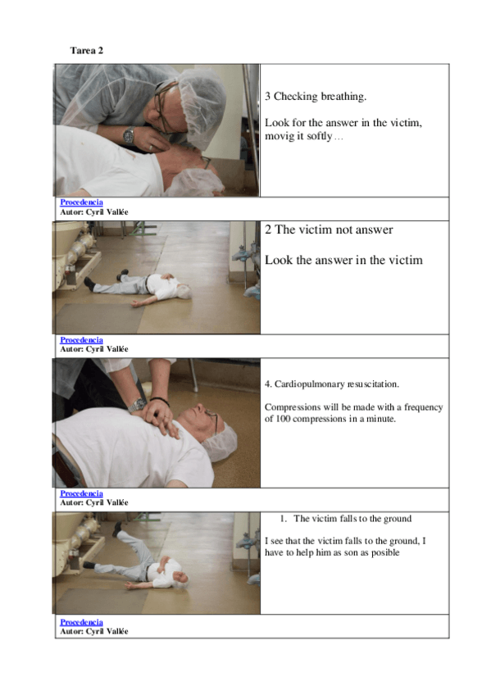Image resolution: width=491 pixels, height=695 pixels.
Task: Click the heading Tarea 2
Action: pos(86,51)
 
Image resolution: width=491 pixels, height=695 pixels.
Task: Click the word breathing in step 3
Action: pos(343,97)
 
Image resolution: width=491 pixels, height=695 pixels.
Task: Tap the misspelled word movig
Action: pos(280,136)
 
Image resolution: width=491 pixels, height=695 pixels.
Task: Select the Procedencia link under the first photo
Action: pos(81,202)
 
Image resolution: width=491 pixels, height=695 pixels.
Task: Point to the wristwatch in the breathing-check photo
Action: pos(129,134)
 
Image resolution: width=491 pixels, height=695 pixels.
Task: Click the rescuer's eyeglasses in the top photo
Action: pos(164,106)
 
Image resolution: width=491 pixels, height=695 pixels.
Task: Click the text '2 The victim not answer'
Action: pos(329,229)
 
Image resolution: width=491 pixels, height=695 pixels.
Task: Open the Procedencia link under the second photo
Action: pos(81,340)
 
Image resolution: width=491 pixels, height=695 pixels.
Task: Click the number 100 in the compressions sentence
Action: pos(283,419)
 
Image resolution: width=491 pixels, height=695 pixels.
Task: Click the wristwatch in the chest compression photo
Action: pos(137,405)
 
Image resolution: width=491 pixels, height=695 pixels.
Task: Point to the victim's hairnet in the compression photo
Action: pos(220,443)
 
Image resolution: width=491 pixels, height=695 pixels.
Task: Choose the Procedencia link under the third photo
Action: pos(81,493)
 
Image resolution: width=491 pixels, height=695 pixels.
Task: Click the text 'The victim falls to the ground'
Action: pos(352,519)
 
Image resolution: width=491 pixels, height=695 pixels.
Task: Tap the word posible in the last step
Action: pos(385,552)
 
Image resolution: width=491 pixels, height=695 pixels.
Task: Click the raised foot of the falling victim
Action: pos(117,528)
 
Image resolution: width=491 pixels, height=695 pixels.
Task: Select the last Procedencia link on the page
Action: pos(81,622)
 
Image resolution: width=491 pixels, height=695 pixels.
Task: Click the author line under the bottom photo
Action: pos(94,632)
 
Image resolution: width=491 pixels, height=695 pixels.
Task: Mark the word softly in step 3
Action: pos(319,136)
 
